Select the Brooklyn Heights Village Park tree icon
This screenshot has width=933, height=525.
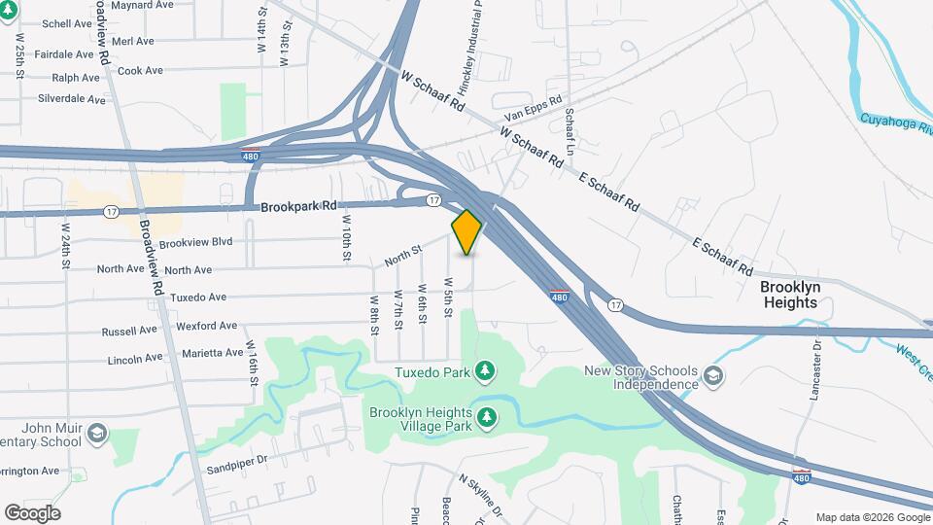coord(487,418)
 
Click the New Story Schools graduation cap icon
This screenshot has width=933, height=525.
coord(713,376)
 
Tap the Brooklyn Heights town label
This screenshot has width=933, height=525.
coord(790,295)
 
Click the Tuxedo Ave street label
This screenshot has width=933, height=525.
coord(198,297)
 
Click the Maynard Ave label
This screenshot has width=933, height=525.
coord(142,5)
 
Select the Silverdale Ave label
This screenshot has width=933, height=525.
coord(71,99)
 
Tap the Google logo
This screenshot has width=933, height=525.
coord(32,513)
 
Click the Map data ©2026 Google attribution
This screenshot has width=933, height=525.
coord(872,517)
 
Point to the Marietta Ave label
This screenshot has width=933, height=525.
coord(215,353)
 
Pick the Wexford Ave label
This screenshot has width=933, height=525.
coord(208,326)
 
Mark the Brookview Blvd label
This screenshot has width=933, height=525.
coord(195,242)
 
